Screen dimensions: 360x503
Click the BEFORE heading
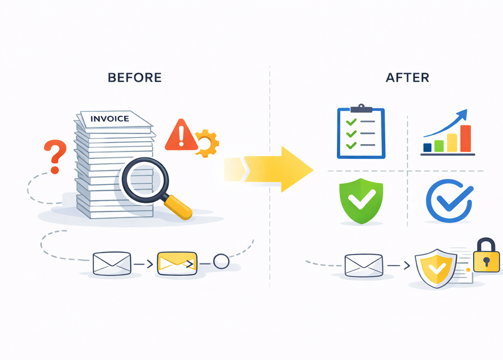point(135,78)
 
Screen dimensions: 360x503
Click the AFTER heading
point(407,78)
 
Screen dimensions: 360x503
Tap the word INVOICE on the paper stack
point(110,119)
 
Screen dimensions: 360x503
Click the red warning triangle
point(181,136)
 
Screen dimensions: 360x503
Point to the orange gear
point(207,143)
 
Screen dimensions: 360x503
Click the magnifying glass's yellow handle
point(178,207)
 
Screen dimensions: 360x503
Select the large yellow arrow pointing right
point(277,169)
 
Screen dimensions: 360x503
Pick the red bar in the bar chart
point(466,138)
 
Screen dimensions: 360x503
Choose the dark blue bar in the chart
point(427,147)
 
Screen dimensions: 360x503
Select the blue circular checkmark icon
point(449,201)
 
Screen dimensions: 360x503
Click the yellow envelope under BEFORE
point(177,263)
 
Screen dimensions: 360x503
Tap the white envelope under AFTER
point(364,265)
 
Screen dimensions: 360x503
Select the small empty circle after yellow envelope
point(221,261)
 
